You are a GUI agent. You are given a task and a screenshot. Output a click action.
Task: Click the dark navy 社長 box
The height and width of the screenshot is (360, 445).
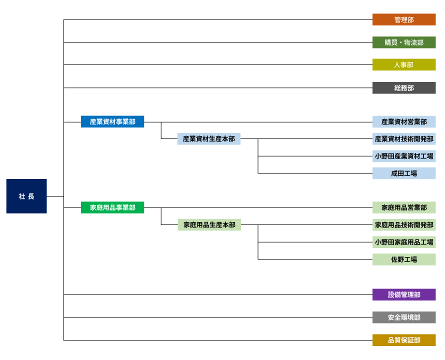click(x=26, y=196)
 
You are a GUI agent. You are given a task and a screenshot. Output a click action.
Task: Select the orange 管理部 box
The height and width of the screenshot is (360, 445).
click(x=404, y=19)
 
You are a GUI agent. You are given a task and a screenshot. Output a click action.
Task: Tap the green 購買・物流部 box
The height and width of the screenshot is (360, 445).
click(x=404, y=42)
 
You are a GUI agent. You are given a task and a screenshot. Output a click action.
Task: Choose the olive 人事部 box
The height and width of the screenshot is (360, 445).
click(x=404, y=64)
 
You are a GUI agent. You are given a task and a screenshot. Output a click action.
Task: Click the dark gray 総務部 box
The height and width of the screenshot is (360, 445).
click(x=404, y=88)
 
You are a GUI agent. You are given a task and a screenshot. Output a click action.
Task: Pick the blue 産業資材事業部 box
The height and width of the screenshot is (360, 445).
click(x=112, y=121)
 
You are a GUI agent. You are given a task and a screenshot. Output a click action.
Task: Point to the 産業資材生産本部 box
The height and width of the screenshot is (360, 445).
click(x=209, y=138)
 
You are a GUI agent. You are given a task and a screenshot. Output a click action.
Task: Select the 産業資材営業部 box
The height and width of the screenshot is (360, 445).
click(x=404, y=121)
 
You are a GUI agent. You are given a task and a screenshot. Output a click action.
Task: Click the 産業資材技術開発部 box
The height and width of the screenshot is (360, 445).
click(x=404, y=138)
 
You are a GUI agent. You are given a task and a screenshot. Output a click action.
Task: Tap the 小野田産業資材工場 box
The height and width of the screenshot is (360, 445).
click(x=404, y=156)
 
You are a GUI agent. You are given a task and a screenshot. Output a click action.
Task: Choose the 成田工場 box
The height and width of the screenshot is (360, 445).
click(x=404, y=173)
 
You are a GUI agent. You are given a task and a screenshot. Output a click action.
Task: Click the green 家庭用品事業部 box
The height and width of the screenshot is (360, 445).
click(x=112, y=207)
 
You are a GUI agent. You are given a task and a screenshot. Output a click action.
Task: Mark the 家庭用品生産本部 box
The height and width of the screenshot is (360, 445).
click(x=209, y=224)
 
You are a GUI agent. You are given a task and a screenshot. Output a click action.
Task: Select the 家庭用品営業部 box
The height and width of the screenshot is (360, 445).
click(x=404, y=207)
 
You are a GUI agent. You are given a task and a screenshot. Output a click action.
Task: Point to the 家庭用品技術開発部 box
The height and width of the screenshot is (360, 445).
click(x=404, y=224)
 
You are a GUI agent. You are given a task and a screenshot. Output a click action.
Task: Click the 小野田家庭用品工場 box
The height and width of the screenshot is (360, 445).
click(x=404, y=242)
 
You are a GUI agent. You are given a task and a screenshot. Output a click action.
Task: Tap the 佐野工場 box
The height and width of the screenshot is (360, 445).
click(x=404, y=259)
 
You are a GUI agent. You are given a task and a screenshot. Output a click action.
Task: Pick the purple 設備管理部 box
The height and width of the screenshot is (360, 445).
click(x=404, y=294)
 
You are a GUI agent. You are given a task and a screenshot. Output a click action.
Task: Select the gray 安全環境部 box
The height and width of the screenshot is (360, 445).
click(x=404, y=317)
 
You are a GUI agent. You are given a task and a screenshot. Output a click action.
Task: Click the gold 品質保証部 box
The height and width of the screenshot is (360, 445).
click(x=404, y=340)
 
